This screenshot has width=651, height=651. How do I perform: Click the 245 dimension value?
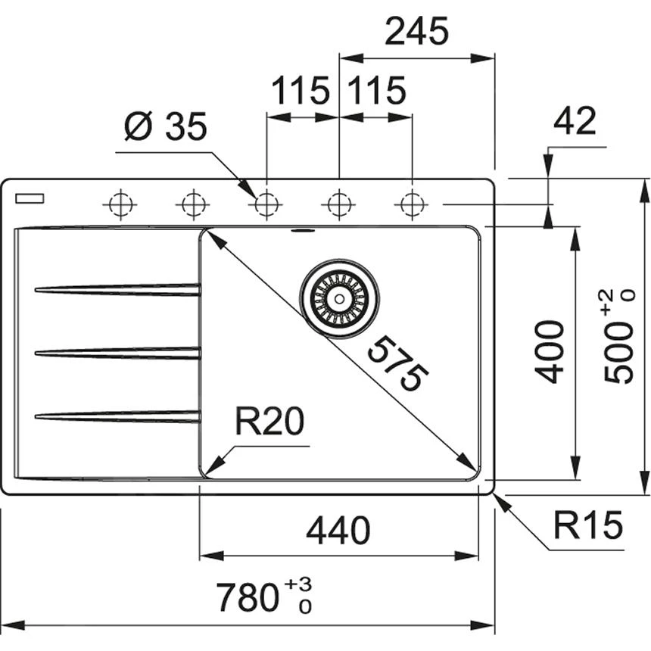(x=417, y=33)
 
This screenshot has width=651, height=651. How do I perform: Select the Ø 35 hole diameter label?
(x=166, y=126)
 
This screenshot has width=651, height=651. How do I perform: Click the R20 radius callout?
(x=269, y=422)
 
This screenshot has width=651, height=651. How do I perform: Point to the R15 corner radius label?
(x=587, y=524)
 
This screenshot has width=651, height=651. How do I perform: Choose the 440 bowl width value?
(x=338, y=531)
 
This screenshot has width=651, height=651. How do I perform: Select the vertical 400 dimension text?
(x=550, y=350)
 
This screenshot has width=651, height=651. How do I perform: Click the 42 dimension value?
(x=575, y=121)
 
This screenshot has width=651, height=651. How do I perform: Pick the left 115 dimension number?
(x=301, y=92)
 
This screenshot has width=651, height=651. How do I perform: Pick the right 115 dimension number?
(x=377, y=92)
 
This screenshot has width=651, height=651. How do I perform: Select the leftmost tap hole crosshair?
(x=120, y=204)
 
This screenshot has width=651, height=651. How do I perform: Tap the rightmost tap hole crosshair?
(x=412, y=204)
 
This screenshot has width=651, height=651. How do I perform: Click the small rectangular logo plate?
(x=29, y=198)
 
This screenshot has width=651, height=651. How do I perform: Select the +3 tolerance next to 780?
(x=299, y=584)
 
